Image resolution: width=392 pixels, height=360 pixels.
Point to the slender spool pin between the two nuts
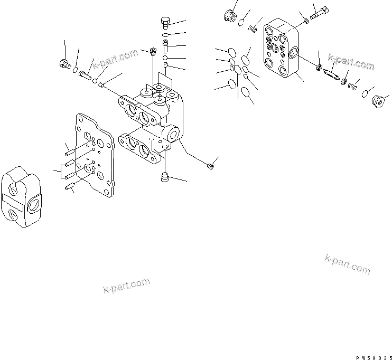click(332, 74)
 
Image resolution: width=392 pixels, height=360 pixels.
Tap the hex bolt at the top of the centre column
click(165, 22)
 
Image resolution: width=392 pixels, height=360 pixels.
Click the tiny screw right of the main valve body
click(211, 167)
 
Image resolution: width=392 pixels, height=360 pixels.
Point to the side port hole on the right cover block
click(294, 53)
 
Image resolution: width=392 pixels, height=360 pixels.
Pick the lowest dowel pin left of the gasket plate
click(69, 186)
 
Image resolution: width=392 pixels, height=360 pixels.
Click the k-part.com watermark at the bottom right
click(348, 264)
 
